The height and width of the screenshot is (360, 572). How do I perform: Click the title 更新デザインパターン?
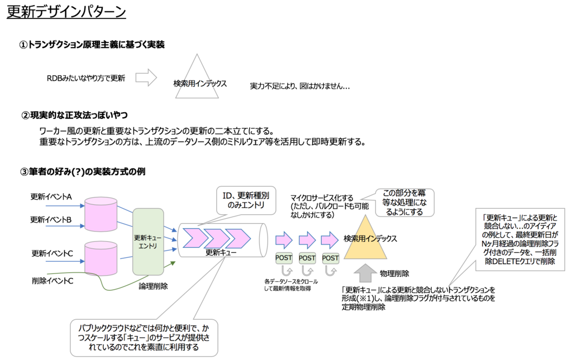pyautogui.click(x=66, y=12)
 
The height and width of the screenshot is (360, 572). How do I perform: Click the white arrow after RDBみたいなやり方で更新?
pyautogui.click(x=145, y=78)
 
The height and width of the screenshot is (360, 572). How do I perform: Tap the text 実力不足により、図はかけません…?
pyautogui.click(x=299, y=87)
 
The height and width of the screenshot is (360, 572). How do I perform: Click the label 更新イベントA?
pyautogui.click(x=51, y=197)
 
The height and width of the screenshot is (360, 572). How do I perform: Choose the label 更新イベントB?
pyautogui.click(x=51, y=220)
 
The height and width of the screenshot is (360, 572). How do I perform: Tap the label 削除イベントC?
pyautogui.click(x=53, y=280)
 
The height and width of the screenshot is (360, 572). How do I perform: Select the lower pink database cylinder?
pyautogui.click(x=101, y=258)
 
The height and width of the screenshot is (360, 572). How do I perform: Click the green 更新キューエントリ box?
pyautogui.click(x=148, y=241)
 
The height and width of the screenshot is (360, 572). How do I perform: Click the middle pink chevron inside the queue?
pyautogui.click(x=217, y=238)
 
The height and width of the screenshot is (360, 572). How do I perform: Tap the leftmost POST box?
pyautogui.click(x=284, y=258)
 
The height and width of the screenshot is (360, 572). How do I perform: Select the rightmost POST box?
pyautogui.click(x=331, y=258)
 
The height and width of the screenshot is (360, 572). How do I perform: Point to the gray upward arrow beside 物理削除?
pyautogui.click(x=366, y=273)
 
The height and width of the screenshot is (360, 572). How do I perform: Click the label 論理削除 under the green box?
pyautogui.click(x=154, y=285)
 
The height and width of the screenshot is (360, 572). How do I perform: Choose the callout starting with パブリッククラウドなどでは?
pyautogui.click(x=144, y=338)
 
